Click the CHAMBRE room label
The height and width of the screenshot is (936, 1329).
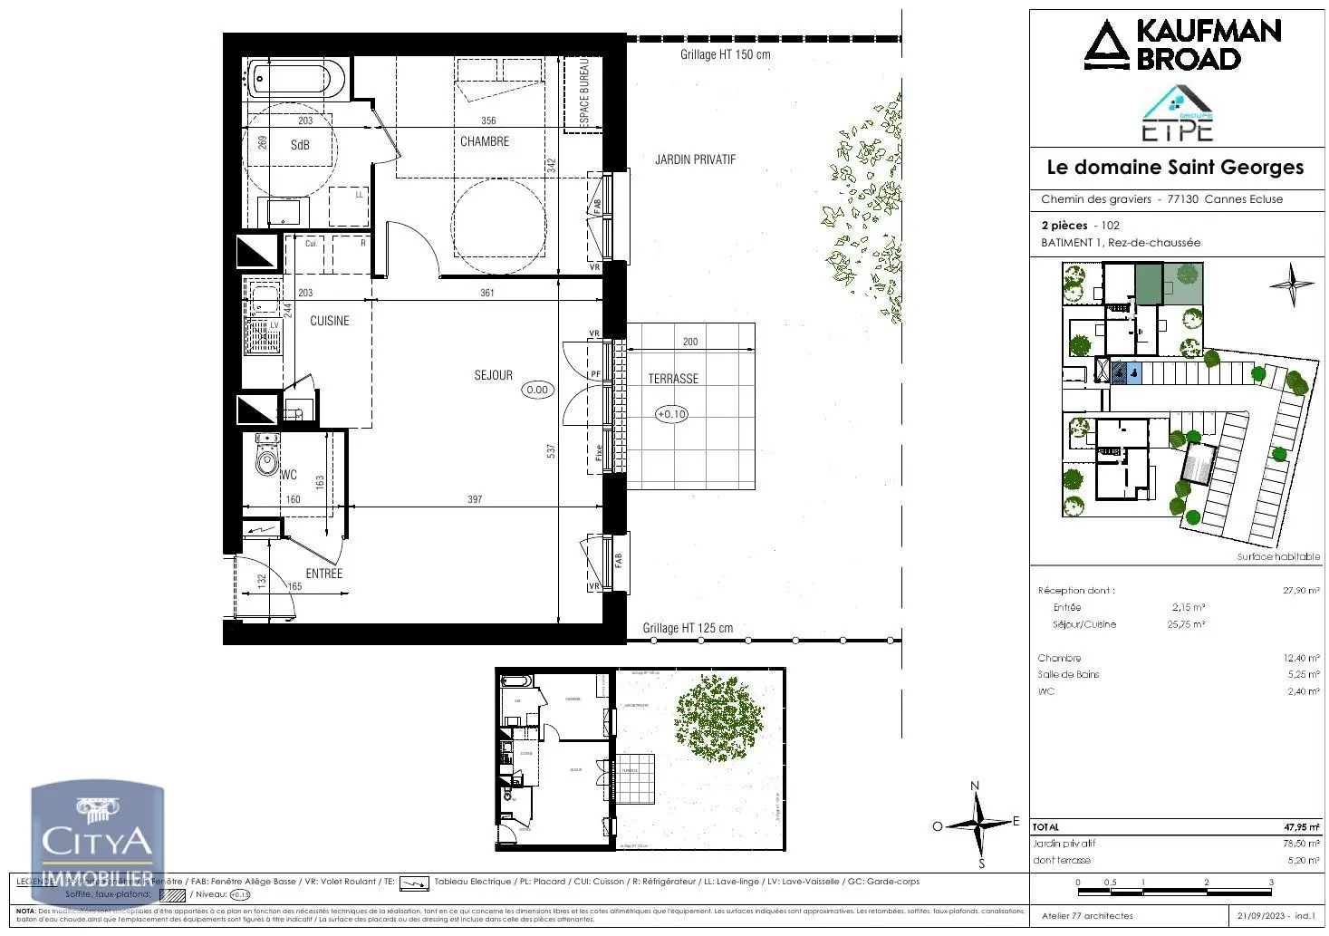[485, 141]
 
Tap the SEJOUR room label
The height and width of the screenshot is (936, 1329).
[493, 375]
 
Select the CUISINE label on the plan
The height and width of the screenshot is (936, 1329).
[329, 321]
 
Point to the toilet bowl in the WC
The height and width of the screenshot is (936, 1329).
[267, 460]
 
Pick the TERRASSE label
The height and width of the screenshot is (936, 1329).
[673, 379]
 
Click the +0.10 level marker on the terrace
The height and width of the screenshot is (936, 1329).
[671, 414]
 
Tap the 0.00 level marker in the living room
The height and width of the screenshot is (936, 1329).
[537, 390]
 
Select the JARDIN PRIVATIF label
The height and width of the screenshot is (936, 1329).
[695, 159]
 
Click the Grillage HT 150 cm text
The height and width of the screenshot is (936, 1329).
[725, 54]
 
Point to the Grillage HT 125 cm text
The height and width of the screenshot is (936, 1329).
[688, 628]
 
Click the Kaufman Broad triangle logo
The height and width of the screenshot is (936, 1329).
[1106, 45]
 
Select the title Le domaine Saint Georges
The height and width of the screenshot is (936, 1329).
[1175, 168]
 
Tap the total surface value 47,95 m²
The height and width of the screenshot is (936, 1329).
[1301, 827]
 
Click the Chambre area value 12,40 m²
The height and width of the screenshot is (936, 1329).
[1300, 659]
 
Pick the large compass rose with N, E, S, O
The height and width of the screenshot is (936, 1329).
[977, 825]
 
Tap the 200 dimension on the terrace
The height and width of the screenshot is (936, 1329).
[690, 342]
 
